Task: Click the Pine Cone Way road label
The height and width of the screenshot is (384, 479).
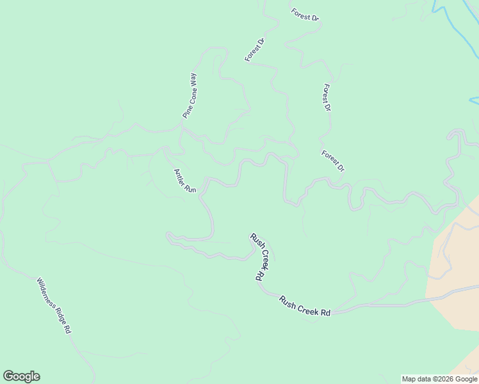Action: [x=190, y=95]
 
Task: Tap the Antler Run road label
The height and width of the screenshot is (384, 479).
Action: [x=184, y=180]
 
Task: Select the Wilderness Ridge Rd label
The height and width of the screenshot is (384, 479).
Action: [x=54, y=306]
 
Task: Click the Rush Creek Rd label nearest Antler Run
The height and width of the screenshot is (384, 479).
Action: [x=257, y=257]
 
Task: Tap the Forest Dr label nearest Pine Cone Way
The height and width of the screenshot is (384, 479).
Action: [x=254, y=50]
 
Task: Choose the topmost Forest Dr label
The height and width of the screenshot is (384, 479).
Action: [x=305, y=15]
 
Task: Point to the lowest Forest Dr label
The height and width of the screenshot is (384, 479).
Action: [x=333, y=161]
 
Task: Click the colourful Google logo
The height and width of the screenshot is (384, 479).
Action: [x=21, y=376]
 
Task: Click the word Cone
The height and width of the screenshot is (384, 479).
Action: [x=190, y=97]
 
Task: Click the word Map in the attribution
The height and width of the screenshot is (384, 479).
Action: [x=409, y=379]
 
